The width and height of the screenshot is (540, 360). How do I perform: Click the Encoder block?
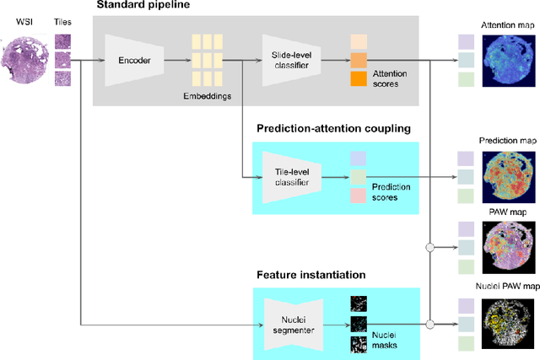(133, 61)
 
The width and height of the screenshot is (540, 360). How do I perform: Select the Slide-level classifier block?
(292, 61)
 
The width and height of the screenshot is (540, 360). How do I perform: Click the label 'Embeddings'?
(208, 96)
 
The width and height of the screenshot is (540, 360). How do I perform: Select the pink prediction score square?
(359, 196)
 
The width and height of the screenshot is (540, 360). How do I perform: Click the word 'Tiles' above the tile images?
(63, 23)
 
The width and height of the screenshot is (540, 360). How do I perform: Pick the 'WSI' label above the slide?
(24, 23)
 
